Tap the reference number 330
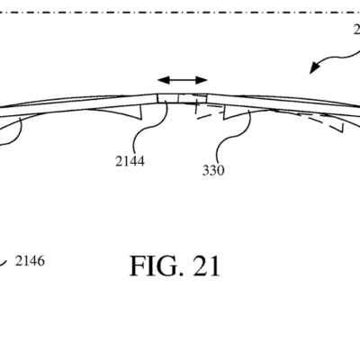212,168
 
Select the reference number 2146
30,262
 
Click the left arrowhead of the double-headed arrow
159,79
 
